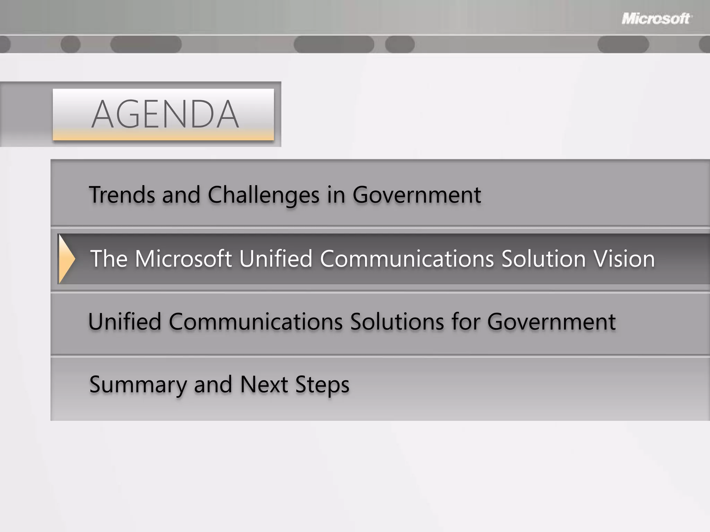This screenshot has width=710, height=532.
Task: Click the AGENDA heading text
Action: pos(165,114)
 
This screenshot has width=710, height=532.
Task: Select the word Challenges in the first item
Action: pos(263,195)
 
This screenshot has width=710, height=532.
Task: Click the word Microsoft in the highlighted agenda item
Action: pos(183,259)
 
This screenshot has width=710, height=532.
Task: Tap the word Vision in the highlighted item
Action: pos(624,259)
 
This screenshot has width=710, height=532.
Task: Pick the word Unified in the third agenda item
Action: pos(125,322)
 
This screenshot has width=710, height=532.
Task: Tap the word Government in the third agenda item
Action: pos(551,322)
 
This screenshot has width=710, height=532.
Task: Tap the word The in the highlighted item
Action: pos(109,259)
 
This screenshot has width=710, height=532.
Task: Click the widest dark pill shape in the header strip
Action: pos(334,45)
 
